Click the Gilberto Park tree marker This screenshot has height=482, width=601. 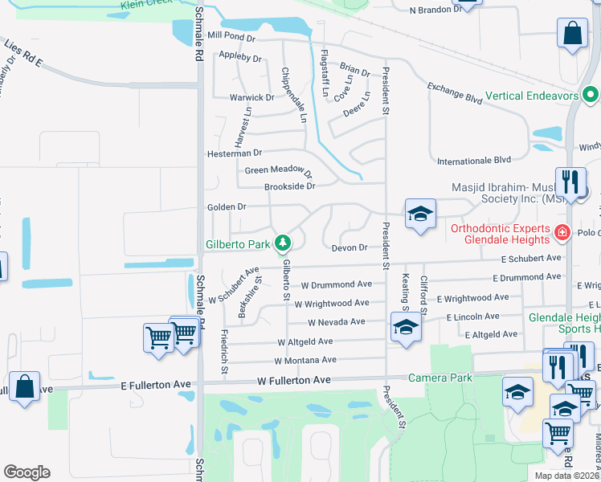tap(282, 242)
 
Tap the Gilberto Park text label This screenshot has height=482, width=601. tap(238, 243)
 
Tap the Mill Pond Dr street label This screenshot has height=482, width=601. tap(230, 36)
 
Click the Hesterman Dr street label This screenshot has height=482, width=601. tap(235, 152)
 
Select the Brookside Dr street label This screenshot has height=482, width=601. tap(289, 186)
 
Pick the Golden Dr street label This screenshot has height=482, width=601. tap(226, 206)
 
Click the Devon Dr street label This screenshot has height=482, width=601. tap(350, 247)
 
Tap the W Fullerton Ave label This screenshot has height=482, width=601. tap(294, 380)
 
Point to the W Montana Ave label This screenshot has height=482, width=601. tap(307, 360)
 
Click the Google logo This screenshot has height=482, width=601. tap(27, 472)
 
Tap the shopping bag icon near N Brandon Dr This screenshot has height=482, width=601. tap(573, 35)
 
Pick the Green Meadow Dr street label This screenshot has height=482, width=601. tap(278, 170)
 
